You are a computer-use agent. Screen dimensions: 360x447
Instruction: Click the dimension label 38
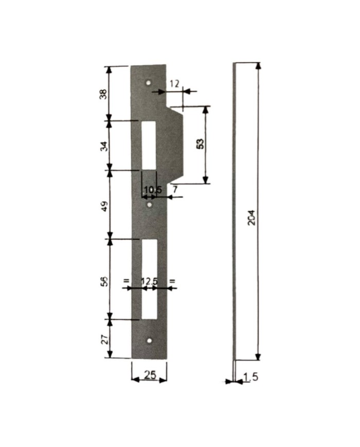click(103, 94)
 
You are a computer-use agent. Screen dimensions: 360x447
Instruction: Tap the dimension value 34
click(104, 146)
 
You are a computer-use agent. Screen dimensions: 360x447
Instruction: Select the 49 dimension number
click(104, 206)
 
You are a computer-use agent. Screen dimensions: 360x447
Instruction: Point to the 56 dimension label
click(104, 281)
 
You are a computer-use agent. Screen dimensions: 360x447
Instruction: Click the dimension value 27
click(104, 339)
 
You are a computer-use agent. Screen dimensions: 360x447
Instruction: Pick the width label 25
click(150, 375)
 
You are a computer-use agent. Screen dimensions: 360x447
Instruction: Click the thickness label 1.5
click(251, 377)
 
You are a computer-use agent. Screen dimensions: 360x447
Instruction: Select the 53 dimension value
click(201, 144)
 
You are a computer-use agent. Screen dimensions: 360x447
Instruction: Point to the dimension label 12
click(174, 84)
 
